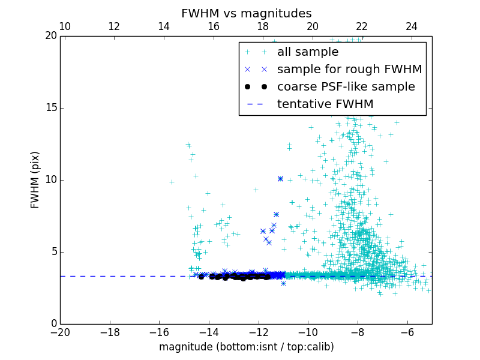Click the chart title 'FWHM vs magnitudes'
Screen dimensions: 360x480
point(246,13)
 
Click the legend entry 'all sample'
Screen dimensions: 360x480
point(308,52)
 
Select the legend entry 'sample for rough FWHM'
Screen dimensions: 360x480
point(349,69)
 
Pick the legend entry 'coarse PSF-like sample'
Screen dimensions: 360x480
point(346,86)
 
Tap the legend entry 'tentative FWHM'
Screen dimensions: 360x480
point(325,104)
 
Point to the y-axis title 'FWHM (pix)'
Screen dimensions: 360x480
point(35,179)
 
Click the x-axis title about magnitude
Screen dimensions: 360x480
point(246,347)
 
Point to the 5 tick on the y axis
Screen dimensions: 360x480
point(52,252)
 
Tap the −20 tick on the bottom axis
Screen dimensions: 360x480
point(60,332)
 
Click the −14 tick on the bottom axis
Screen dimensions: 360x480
point(209,332)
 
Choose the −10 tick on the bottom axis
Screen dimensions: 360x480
point(308,332)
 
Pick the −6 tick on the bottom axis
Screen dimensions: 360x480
point(407,332)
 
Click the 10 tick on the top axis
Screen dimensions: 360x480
point(65,27)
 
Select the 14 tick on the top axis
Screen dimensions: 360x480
point(164,27)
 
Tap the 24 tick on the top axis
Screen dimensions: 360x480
point(412,27)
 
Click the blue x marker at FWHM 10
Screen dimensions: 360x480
point(280,179)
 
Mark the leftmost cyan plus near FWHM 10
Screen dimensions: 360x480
point(172,182)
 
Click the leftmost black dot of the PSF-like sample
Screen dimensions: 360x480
point(201,277)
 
